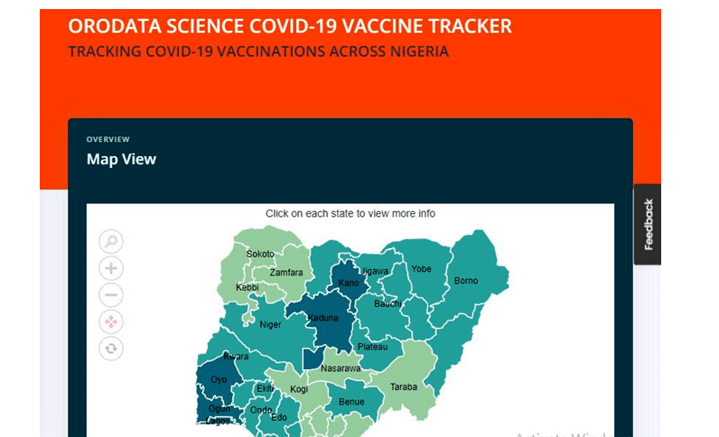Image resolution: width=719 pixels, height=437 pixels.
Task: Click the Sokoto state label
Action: tap(261, 254)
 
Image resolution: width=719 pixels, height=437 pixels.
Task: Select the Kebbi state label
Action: tap(247, 288)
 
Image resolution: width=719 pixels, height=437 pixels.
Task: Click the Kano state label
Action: tap(349, 283)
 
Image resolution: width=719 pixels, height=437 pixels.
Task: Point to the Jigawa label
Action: tap(374, 271)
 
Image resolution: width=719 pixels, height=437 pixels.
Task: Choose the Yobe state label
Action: tap(421, 269)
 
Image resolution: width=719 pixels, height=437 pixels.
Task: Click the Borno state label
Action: tap(465, 281)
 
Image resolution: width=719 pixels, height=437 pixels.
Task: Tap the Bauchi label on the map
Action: tap(388, 303)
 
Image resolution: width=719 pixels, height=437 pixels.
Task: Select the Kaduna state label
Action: tap(322, 318)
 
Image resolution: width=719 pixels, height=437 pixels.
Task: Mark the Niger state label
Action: tap(270, 325)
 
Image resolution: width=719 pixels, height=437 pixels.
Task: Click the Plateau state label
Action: tap(372, 347)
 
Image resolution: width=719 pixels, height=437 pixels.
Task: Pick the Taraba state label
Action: tap(404, 387)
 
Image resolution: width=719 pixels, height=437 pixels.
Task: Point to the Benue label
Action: tap(350, 402)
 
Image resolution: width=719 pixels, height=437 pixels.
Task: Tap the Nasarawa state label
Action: tap(341, 368)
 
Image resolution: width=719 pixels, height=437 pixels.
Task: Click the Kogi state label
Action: tap(299, 389)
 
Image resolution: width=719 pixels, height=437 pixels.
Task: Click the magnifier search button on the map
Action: tap(111, 241)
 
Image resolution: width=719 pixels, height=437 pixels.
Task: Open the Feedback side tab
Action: tap(648, 224)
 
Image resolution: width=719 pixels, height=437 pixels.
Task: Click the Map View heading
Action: tap(121, 159)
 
